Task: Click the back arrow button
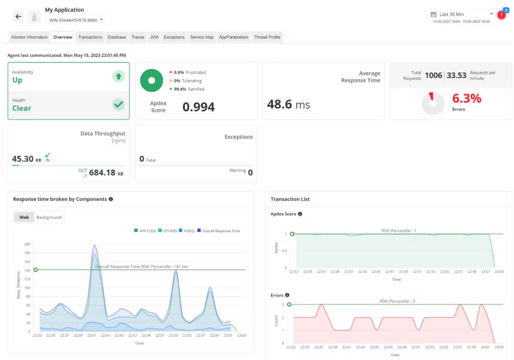pyautogui.click(x=18, y=16)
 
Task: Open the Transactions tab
pyautogui.click(x=90, y=37)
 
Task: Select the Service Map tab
pyautogui.click(x=202, y=37)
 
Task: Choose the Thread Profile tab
pyautogui.click(x=267, y=37)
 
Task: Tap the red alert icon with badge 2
pyautogui.click(x=501, y=15)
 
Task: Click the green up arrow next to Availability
pyautogui.click(x=118, y=76)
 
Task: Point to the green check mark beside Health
pyautogui.click(x=118, y=105)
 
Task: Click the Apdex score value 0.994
pyautogui.click(x=198, y=107)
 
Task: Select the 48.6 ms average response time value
pyautogui.click(x=288, y=104)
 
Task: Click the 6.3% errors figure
pyautogui.click(x=467, y=98)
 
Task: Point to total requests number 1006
pyautogui.click(x=434, y=76)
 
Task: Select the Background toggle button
pyautogui.click(x=49, y=217)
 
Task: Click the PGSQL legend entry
pyautogui.click(x=187, y=231)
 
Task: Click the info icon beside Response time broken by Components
pyautogui.click(x=111, y=199)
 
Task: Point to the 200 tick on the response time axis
pyautogui.click(x=27, y=244)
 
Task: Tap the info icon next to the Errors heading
pyautogui.click(x=287, y=295)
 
